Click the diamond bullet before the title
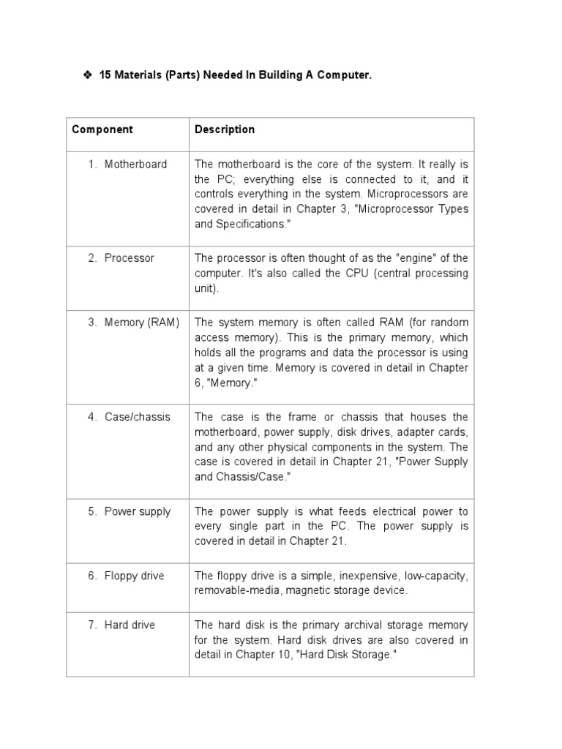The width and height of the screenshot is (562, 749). (x=87, y=76)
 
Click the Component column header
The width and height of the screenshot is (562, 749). (x=102, y=129)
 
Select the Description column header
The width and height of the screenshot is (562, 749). (x=225, y=129)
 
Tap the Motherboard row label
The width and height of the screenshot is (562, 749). (x=135, y=164)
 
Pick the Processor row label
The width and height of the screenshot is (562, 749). (x=129, y=257)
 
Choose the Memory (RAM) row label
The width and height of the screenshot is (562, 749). (x=141, y=322)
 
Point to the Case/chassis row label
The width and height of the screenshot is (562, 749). (x=137, y=416)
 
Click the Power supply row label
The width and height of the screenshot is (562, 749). (x=137, y=511)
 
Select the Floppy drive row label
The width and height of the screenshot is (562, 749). (x=134, y=576)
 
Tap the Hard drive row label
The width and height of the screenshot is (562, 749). (x=130, y=625)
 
